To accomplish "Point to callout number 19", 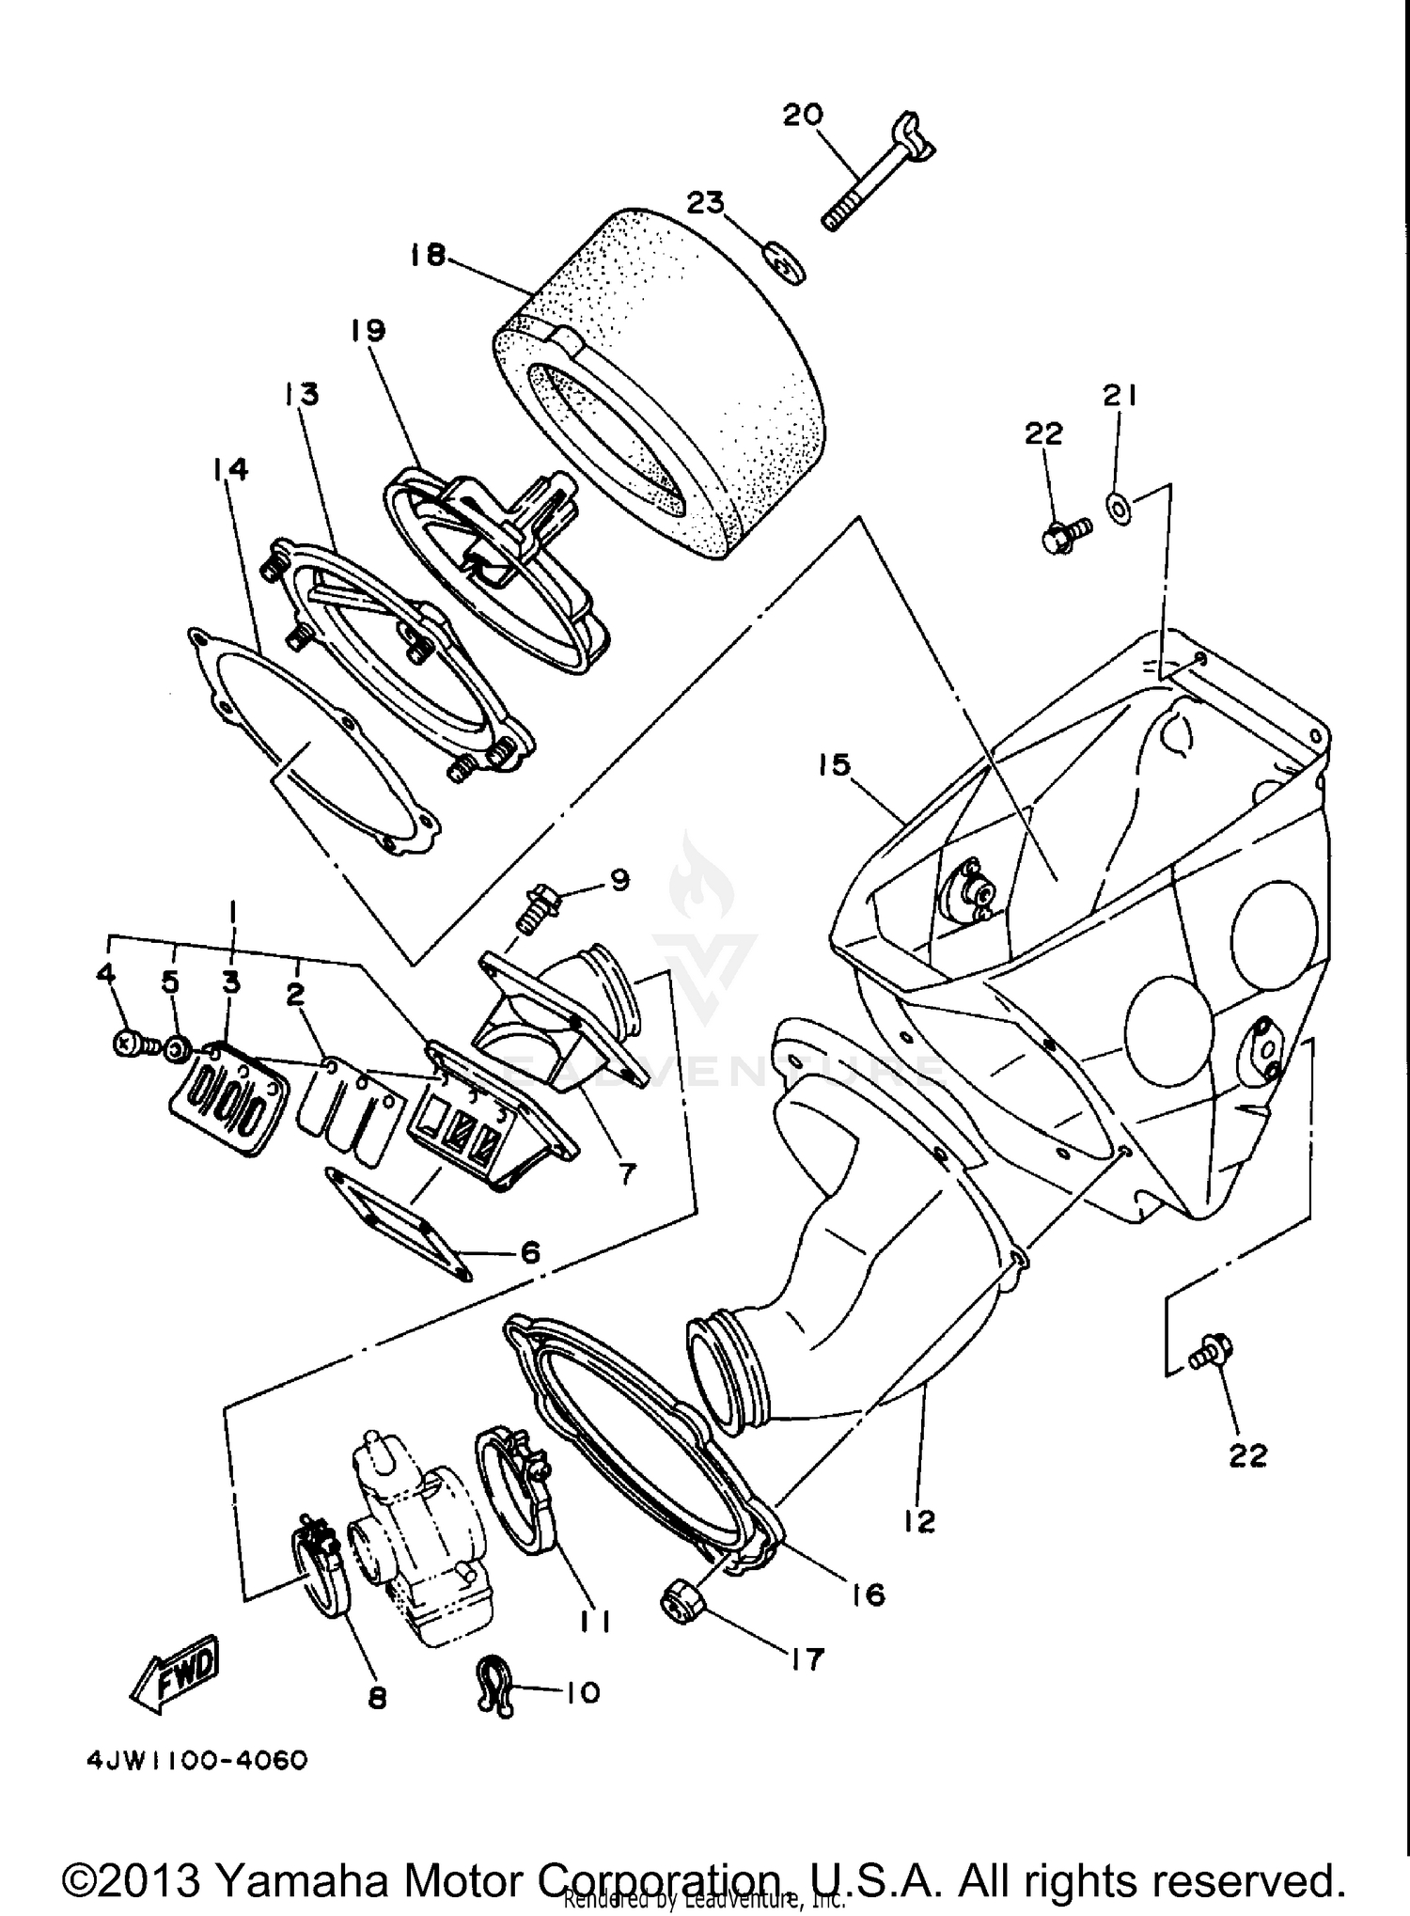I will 368,330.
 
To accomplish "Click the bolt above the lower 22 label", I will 1208,1355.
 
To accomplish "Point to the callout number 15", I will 833,764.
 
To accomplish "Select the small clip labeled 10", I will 495,1697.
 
